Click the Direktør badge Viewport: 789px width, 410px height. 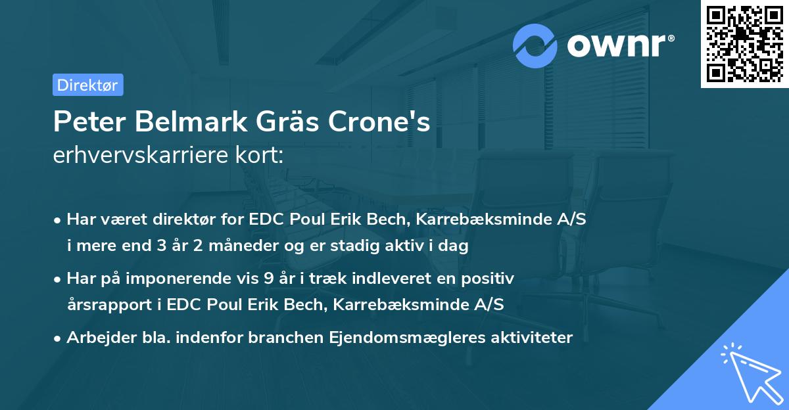click(x=87, y=85)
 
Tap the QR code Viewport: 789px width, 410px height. click(x=744, y=44)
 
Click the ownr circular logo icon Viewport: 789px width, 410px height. click(x=535, y=46)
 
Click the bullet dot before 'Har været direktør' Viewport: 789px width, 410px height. click(x=58, y=220)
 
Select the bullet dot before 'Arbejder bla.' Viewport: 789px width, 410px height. click(x=58, y=338)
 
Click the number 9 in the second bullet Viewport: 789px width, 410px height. click(x=268, y=279)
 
